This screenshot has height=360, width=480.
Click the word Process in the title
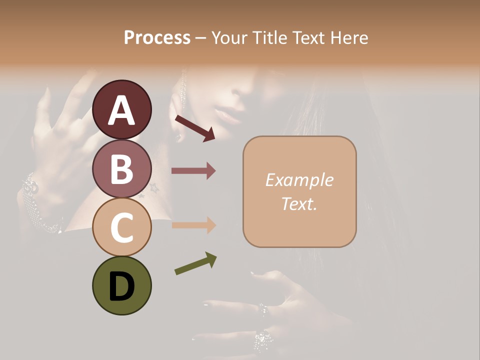157,38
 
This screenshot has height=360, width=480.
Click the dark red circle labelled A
121,109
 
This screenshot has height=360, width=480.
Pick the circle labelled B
121,168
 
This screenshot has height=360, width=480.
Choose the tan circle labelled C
121,227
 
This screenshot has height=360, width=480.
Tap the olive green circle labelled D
121,285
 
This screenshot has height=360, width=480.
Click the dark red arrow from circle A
194,127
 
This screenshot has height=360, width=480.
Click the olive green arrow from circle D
195,263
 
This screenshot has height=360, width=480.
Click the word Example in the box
299,180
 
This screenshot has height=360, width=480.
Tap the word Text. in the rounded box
299,203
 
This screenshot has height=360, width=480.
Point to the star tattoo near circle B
153,188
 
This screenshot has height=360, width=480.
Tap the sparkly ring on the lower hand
263,341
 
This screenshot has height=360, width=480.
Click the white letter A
121,111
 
